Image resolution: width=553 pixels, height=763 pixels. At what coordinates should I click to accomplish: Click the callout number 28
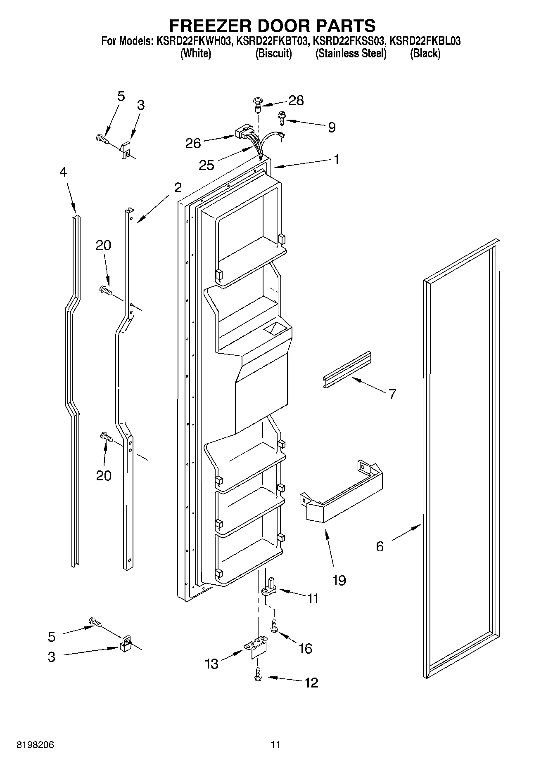pos(296,100)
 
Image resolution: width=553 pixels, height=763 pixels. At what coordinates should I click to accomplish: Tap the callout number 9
pos(332,127)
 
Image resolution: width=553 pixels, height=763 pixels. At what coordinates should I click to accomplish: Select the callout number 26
pos(193,143)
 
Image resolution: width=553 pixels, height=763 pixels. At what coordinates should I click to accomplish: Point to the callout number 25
pos(206,165)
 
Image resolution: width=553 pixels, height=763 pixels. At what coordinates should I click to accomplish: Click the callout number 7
pos(392,394)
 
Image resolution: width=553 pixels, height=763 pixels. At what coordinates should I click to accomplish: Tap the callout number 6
pos(380,546)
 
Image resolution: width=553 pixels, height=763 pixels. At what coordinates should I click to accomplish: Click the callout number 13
pos(211,664)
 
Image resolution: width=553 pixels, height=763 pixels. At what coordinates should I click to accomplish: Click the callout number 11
pos(313,598)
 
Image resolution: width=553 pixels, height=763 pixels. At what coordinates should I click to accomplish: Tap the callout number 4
pos(63,172)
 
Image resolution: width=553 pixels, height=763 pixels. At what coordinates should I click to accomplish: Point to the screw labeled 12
pos(258,675)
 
